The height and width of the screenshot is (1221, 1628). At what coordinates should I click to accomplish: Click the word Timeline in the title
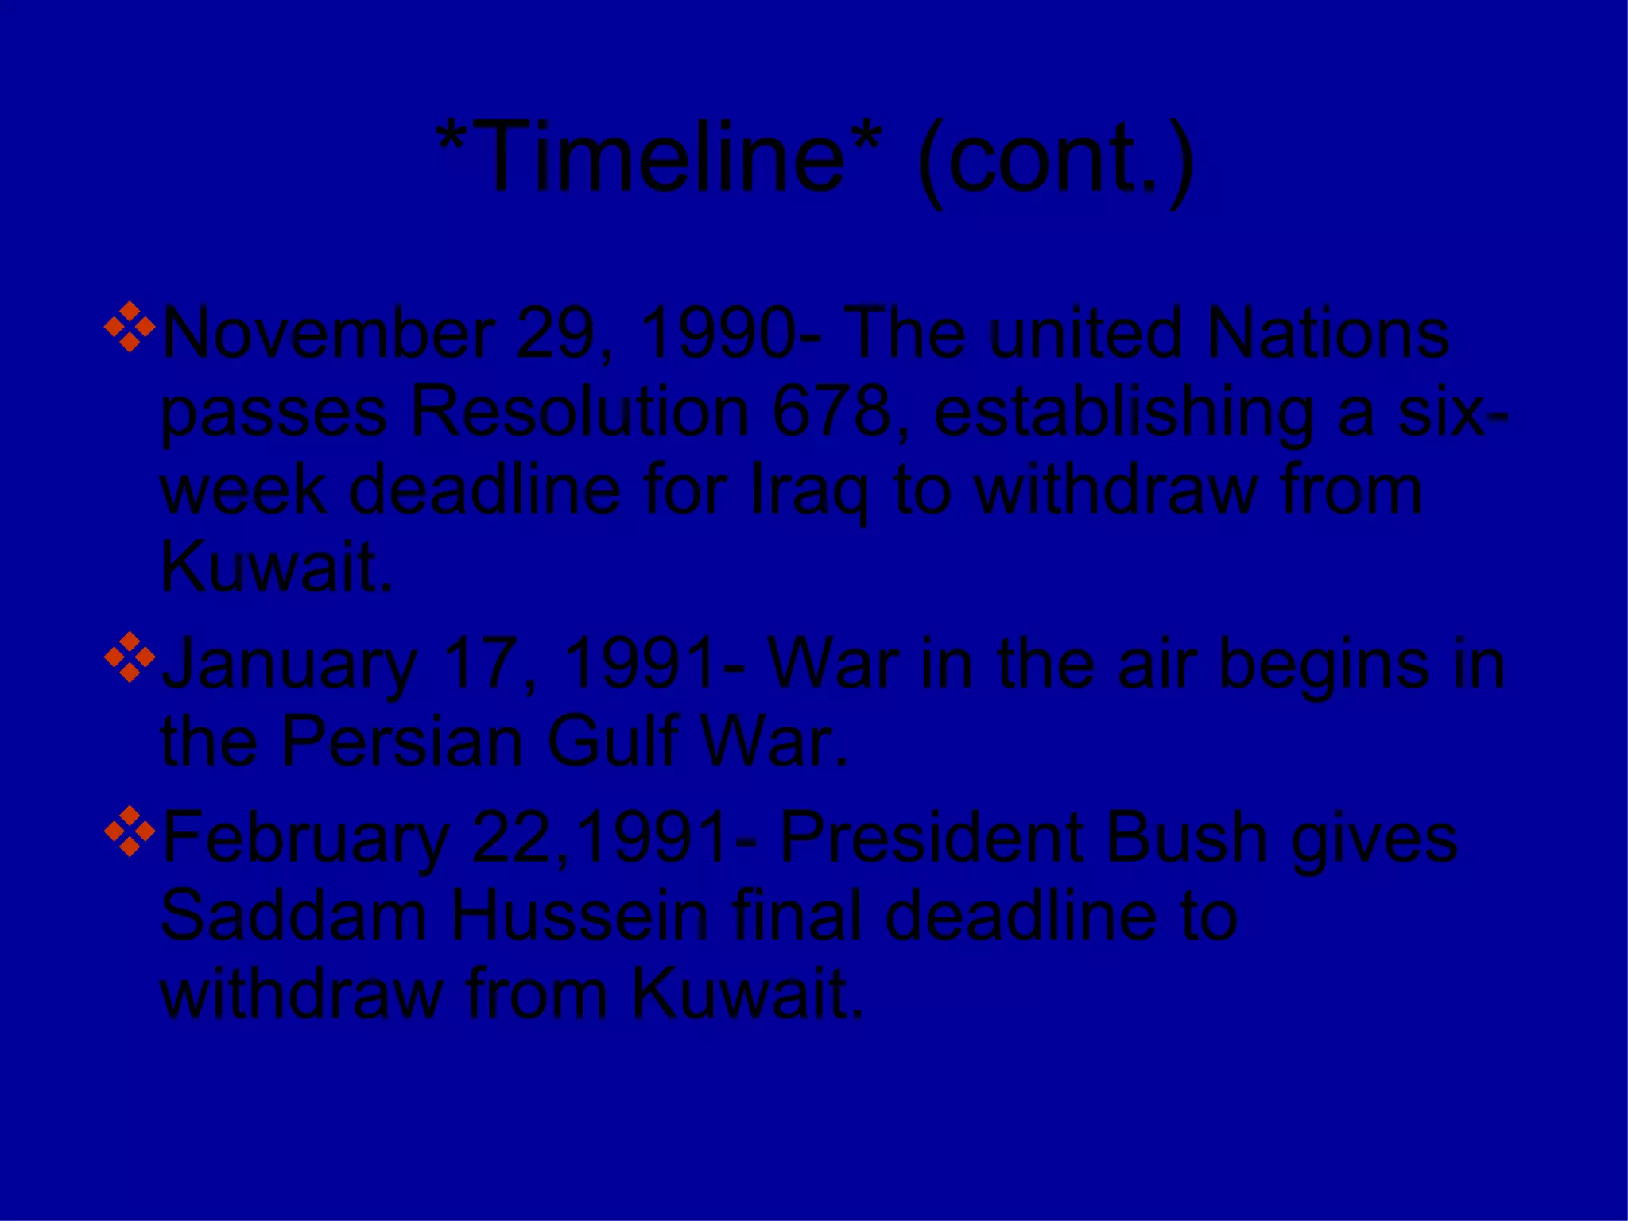[660, 157]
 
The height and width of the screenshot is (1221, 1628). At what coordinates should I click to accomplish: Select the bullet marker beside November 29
[130, 327]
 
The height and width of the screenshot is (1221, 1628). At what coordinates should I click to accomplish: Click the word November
[328, 334]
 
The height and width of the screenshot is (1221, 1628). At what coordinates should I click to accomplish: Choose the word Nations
[1328, 334]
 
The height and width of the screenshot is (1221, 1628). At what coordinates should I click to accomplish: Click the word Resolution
[579, 413]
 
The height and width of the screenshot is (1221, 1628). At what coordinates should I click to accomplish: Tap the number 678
[831, 413]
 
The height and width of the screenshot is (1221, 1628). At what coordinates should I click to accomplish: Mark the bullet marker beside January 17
[130, 657]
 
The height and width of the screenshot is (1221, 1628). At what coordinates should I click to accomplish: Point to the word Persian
[402, 742]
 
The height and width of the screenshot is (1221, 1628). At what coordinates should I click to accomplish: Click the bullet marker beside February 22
[130, 831]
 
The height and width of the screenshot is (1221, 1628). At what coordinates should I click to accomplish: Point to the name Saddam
[293, 916]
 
